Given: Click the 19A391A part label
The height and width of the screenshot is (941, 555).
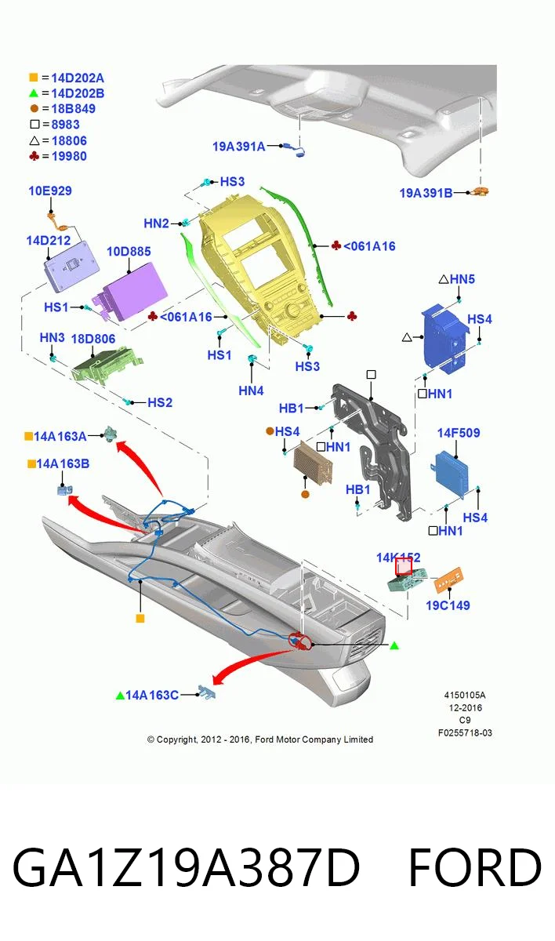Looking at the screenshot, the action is (239, 146).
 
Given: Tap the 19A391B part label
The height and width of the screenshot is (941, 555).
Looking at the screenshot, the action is (426, 193).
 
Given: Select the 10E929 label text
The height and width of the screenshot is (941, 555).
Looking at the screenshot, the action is (50, 191).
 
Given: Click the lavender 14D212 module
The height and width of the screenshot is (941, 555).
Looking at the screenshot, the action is (71, 266).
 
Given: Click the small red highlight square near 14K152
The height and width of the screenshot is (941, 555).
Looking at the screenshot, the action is (404, 566).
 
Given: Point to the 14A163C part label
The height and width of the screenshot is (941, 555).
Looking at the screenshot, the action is (152, 696).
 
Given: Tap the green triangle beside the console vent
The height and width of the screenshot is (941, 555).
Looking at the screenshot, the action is (394, 645).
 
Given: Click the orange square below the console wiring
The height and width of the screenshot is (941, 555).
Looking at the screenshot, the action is (140, 619).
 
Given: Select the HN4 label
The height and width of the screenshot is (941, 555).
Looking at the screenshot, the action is (251, 391).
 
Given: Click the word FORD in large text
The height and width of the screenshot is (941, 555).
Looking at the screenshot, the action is (474, 867).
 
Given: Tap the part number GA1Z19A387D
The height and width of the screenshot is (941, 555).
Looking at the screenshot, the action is (187, 867).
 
